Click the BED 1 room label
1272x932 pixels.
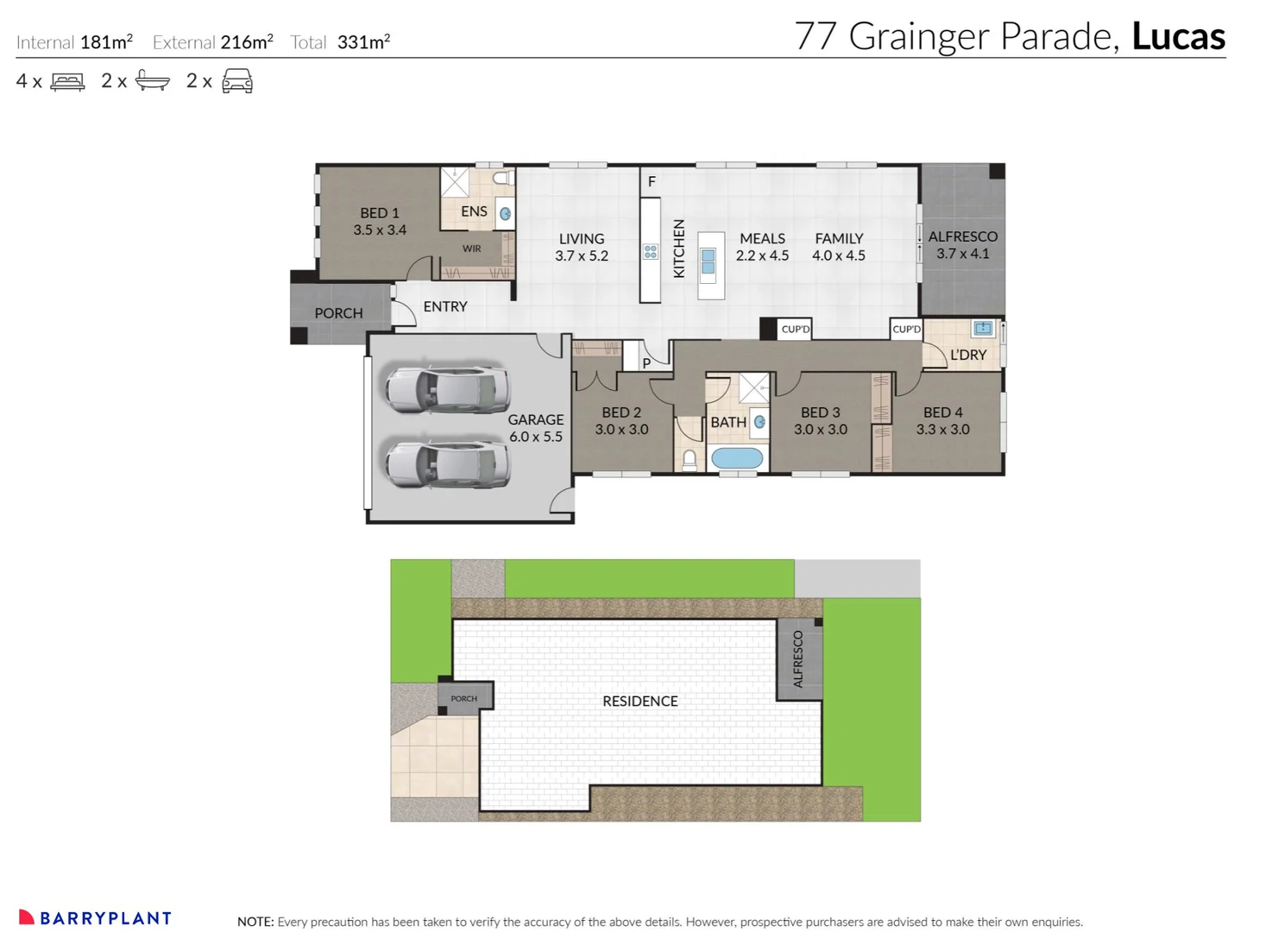[x=380, y=213]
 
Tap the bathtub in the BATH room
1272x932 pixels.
[x=737, y=458]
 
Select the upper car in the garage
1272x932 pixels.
[x=447, y=389]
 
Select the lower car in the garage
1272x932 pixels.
[x=447, y=463]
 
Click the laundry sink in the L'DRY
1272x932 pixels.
[x=983, y=328]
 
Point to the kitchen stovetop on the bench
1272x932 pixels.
[x=651, y=252]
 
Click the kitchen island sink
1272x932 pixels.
[x=708, y=261]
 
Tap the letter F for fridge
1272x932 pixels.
[x=652, y=181]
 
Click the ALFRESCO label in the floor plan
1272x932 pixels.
[x=962, y=236]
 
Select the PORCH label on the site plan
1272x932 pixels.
[x=463, y=698]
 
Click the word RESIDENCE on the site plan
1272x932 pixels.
[x=639, y=701]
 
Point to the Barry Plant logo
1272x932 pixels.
[x=95, y=918]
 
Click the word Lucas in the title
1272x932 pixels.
[x=1178, y=36]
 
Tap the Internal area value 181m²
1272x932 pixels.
[x=106, y=41]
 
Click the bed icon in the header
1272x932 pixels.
[x=67, y=82]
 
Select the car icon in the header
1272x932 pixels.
[x=237, y=81]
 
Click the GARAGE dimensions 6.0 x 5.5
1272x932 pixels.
[x=535, y=437]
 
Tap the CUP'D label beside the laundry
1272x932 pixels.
[x=906, y=329]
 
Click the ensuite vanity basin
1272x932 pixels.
[x=505, y=213]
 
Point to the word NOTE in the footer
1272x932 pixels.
[x=255, y=922]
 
